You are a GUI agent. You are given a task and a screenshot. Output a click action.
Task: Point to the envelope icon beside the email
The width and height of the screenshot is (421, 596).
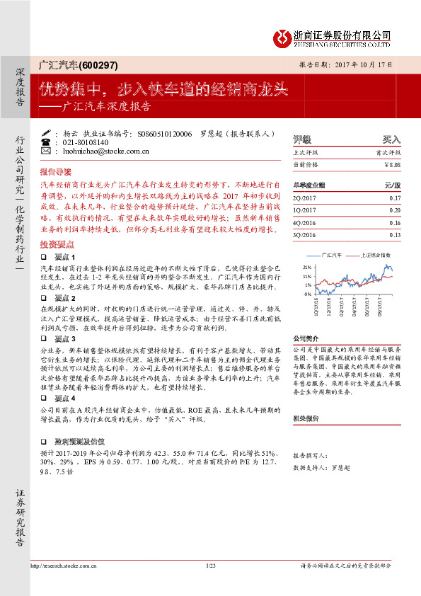coord(47,151)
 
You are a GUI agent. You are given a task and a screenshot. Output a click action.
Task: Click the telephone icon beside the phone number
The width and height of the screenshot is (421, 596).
coord(47,142)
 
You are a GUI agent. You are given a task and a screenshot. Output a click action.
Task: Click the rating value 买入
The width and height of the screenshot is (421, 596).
coord(391,139)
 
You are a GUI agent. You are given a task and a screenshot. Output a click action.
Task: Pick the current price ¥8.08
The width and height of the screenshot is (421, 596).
coord(392,164)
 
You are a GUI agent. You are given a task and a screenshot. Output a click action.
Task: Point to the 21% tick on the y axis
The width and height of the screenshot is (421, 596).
coord(307,267)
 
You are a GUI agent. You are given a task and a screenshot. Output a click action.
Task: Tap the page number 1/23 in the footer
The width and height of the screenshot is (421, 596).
coord(210,566)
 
